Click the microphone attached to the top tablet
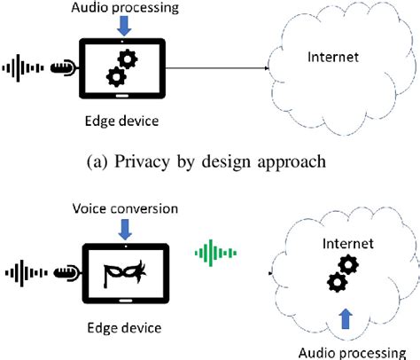(x=65, y=67)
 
